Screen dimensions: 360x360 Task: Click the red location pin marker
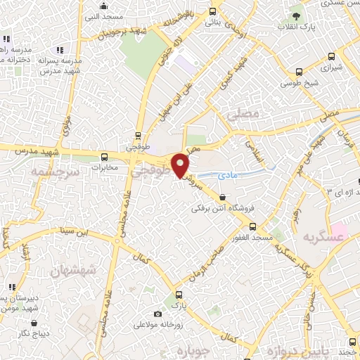click(181, 166)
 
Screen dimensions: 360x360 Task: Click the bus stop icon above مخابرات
click(104, 157)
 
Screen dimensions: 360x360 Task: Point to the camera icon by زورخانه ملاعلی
click(157, 314)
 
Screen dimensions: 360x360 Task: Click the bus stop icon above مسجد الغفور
click(253, 226)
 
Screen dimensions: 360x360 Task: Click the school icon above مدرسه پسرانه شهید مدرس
click(60, 50)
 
